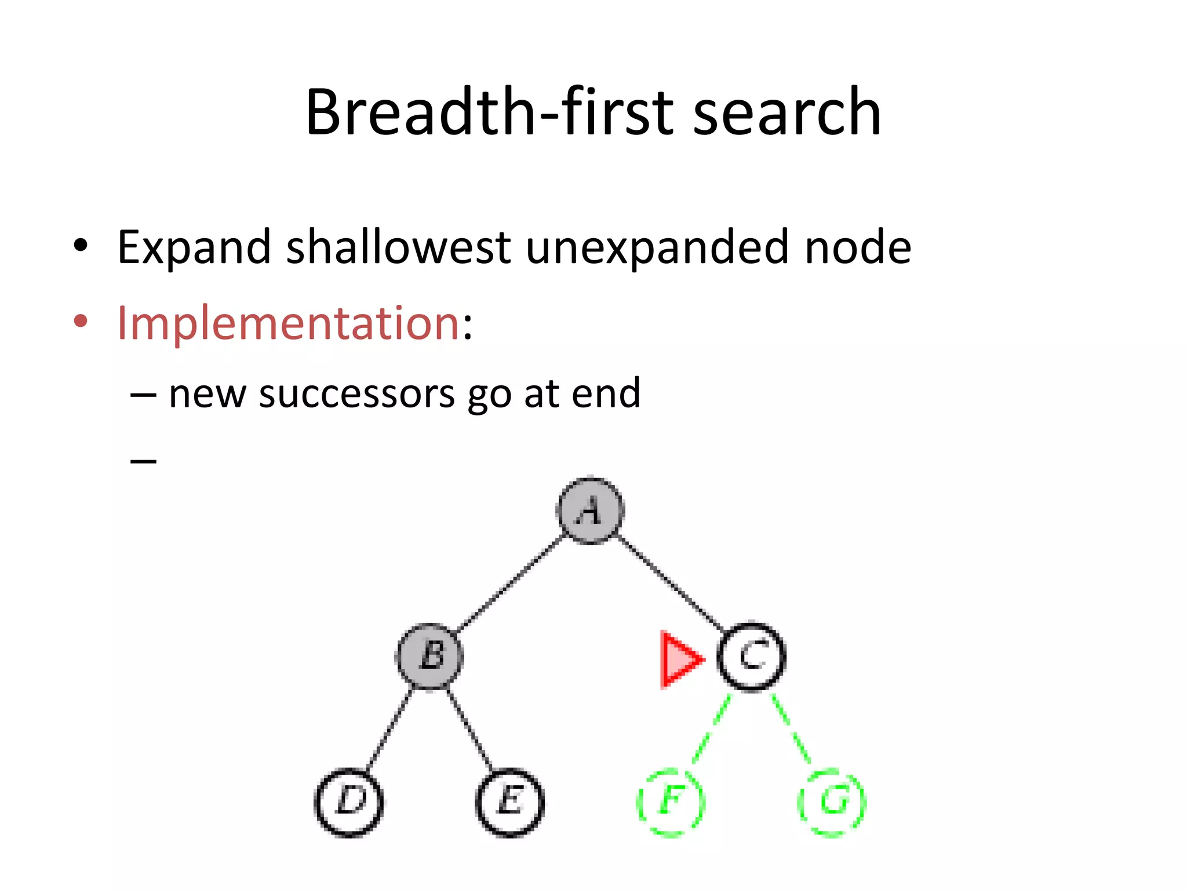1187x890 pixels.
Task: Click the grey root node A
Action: click(590, 510)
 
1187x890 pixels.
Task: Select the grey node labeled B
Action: click(429, 656)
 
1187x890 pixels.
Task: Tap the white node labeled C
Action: click(751, 656)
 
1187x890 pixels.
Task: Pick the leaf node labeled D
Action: click(349, 802)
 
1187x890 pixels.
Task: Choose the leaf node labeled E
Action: click(509, 802)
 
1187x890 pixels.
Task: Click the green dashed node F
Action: click(671, 802)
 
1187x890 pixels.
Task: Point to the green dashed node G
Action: click(832, 802)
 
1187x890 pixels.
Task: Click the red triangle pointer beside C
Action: click(678, 659)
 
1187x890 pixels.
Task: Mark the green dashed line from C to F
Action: click(711, 729)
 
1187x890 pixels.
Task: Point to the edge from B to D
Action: click(389, 729)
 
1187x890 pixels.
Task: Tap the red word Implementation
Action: click(288, 323)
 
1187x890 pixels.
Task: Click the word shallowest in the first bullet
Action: click(398, 247)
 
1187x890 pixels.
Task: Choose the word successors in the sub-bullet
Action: click(356, 394)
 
